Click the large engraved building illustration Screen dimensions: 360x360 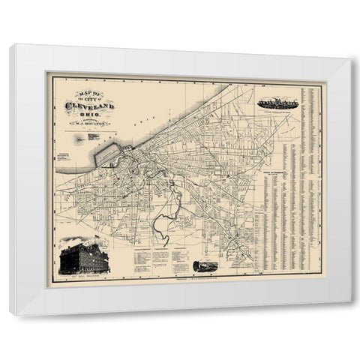pyautogui.click(x=84, y=256)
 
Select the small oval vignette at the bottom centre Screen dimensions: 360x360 pyautogui.click(x=205, y=266)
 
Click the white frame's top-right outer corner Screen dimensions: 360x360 pyautogui.click(x=350, y=45)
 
